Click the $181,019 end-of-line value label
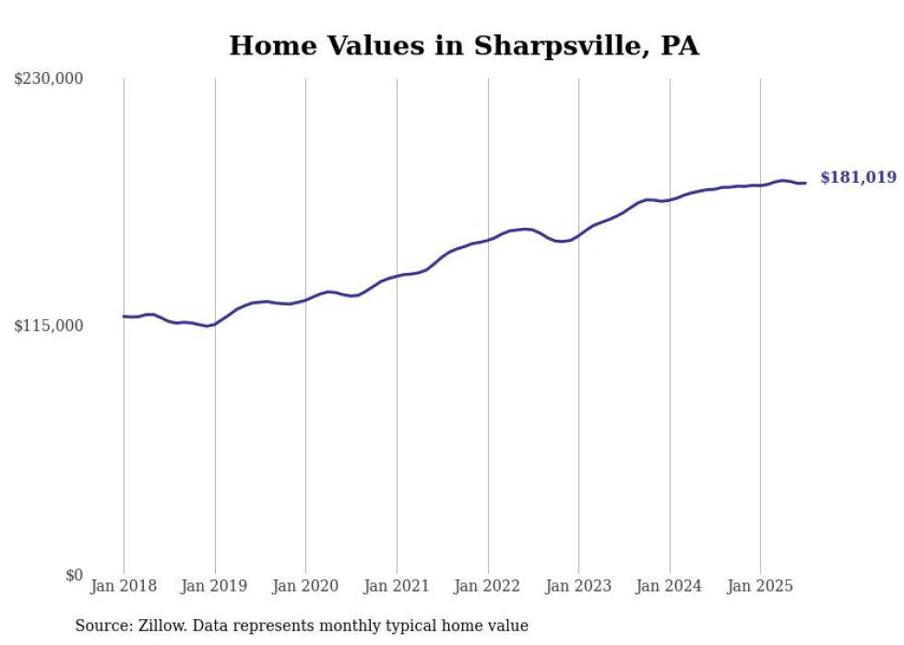[858, 177]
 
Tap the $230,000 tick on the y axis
[49, 79]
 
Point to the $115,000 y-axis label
[49, 326]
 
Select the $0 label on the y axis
[74, 575]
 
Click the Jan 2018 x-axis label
[124, 586]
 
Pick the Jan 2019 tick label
[215, 586]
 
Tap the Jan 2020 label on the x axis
[305, 586]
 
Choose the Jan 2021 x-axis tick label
[397, 586]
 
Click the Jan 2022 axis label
[487, 586]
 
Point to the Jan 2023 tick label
[578, 586]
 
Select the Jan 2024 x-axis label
[670, 586]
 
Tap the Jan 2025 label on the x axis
[760, 586]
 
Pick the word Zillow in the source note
[162, 626]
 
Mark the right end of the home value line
[805, 183]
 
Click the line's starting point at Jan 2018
[124, 317]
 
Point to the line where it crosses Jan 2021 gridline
[397, 276]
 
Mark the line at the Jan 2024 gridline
[670, 199]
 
